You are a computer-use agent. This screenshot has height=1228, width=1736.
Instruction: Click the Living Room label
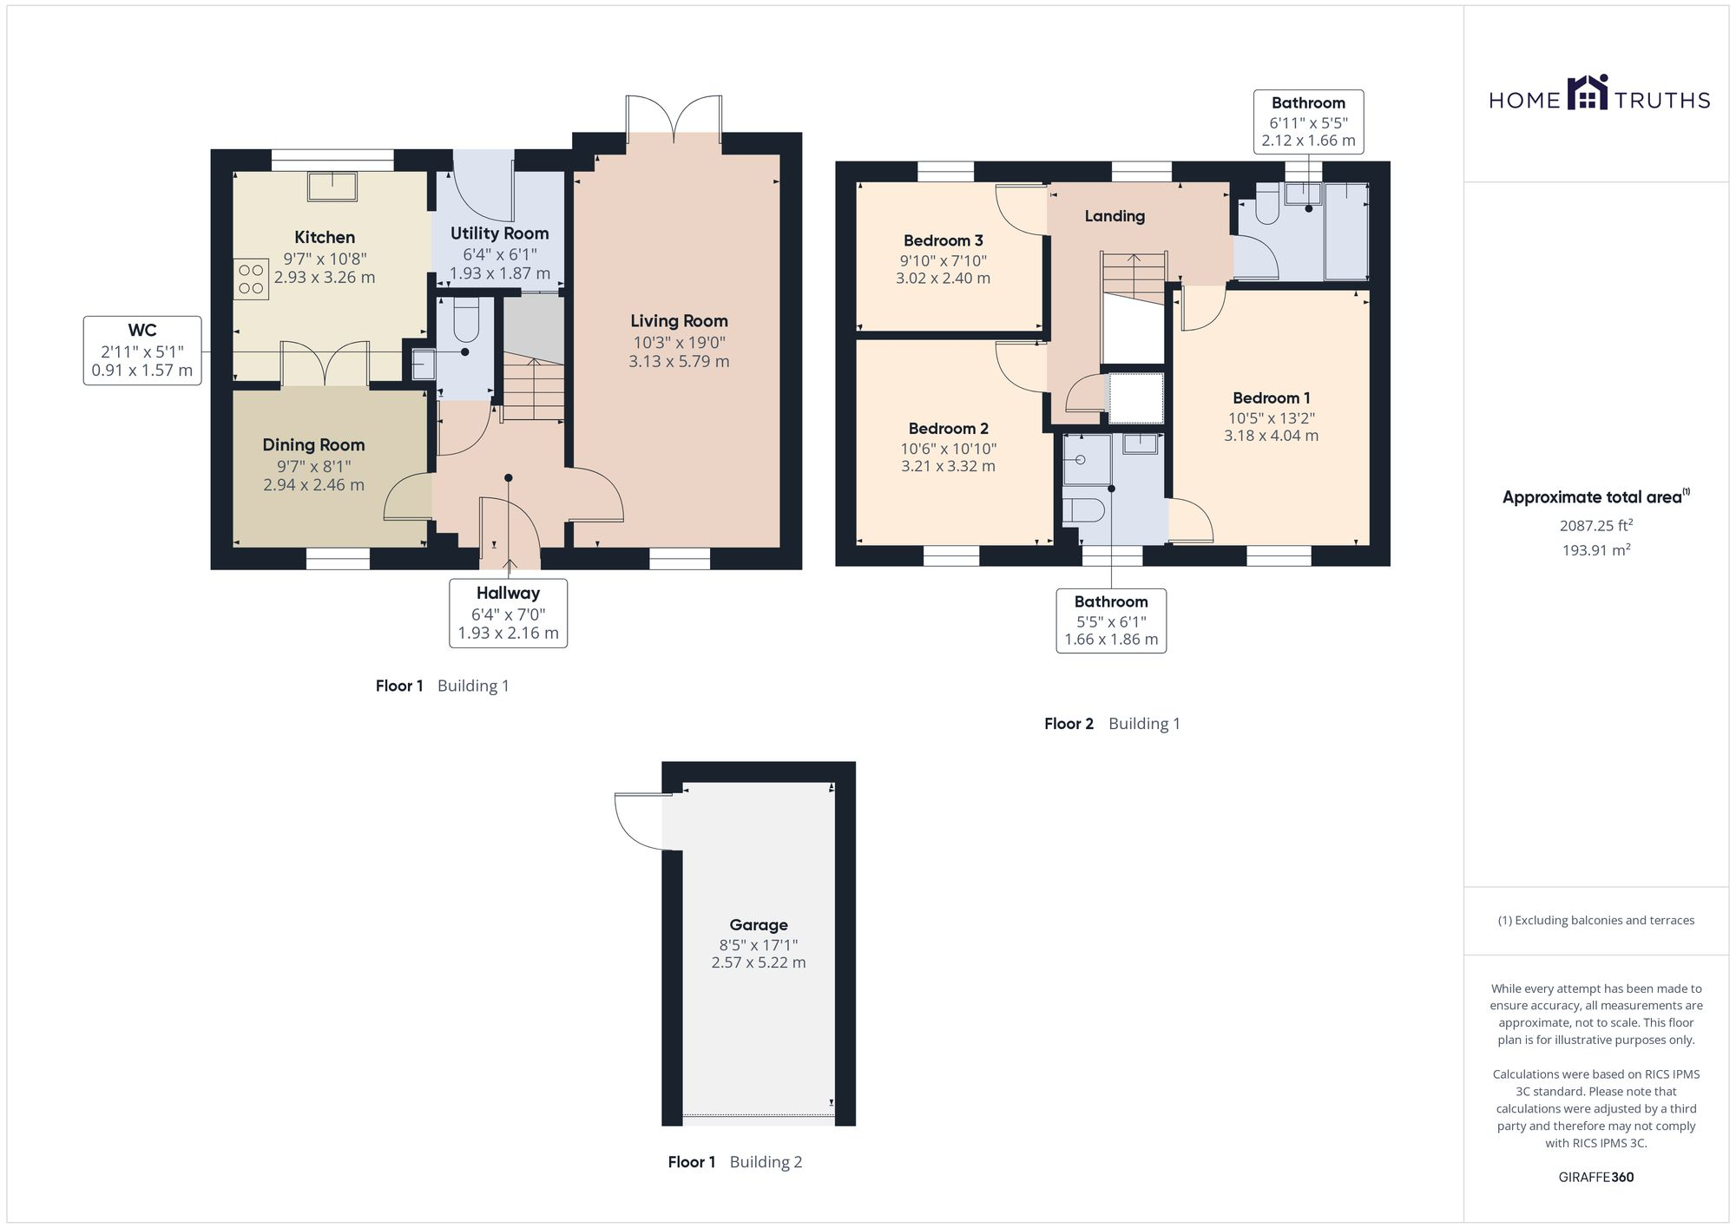[x=679, y=321]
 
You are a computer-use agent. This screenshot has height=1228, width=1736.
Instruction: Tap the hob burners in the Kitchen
[x=251, y=279]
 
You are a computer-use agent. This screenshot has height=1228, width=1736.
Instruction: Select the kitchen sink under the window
[x=332, y=186]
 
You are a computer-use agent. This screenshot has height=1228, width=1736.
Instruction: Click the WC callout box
[x=142, y=351]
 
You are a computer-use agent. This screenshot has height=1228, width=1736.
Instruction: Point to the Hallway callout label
[x=508, y=594]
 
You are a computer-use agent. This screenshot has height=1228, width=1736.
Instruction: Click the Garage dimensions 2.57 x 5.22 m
[x=759, y=962]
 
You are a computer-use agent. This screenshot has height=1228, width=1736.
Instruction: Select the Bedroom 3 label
[x=944, y=240]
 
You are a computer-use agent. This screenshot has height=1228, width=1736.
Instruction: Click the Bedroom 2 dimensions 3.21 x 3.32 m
[x=948, y=466]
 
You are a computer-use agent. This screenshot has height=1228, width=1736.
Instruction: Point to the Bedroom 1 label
[x=1272, y=398]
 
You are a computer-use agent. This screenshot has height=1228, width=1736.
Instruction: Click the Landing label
[x=1115, y=216]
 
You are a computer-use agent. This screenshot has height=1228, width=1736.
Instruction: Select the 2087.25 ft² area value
[x=1596, y=526]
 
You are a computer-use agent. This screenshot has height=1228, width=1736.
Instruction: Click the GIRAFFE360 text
[x=1596, y=1178]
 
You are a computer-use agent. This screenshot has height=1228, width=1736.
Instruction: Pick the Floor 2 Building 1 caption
[x=1112, y=724]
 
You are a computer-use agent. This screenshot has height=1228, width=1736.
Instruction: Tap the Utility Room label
[x=499, y=233]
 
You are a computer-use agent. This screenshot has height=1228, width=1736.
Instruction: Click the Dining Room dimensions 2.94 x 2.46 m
[x=313, y=485]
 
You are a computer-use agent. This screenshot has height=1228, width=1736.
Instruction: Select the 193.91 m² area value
[x=1596, y=550]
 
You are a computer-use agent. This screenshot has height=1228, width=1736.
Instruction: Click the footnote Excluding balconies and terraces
[x=1596, y=921]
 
